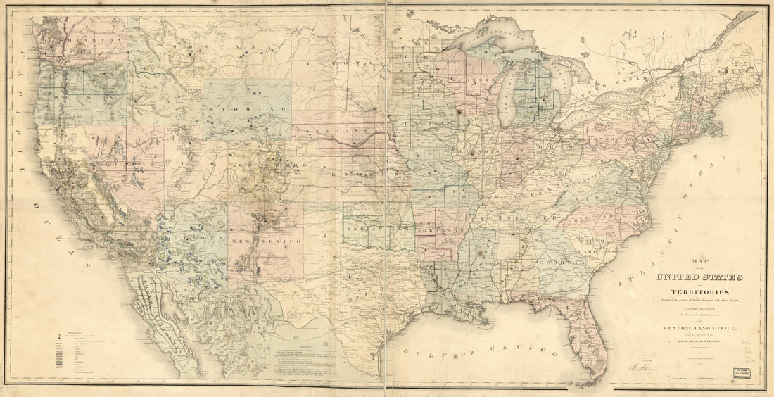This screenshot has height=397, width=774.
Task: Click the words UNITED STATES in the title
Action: (x=698, y=277)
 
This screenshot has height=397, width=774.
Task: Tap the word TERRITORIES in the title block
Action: (x=697, y=292)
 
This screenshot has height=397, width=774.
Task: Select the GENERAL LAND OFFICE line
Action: (x=697, y=328)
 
